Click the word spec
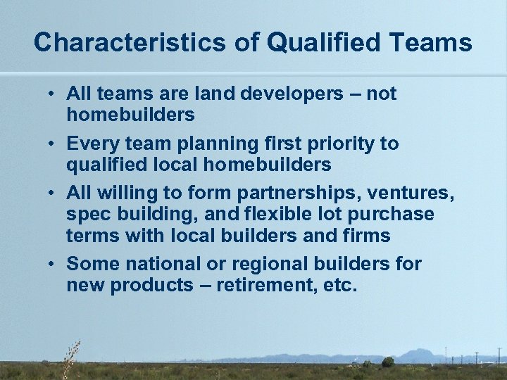[x=87, y=215]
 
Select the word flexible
[x=269, y=215]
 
